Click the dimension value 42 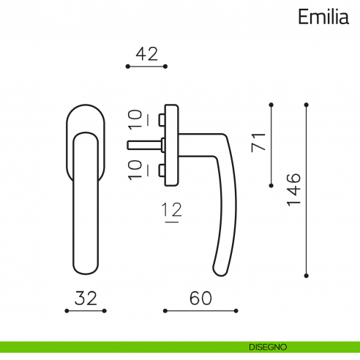(146, 53)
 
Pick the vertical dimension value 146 (293, 190)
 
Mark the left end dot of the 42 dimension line (127, 67)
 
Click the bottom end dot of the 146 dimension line (307, 276)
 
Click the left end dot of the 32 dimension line (67, 311)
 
